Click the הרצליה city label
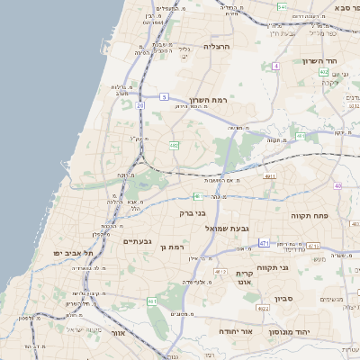[218, 46]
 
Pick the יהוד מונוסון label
[288, 332]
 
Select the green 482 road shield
[174, 144]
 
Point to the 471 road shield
[264, 243]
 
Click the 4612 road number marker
[220, 270]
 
